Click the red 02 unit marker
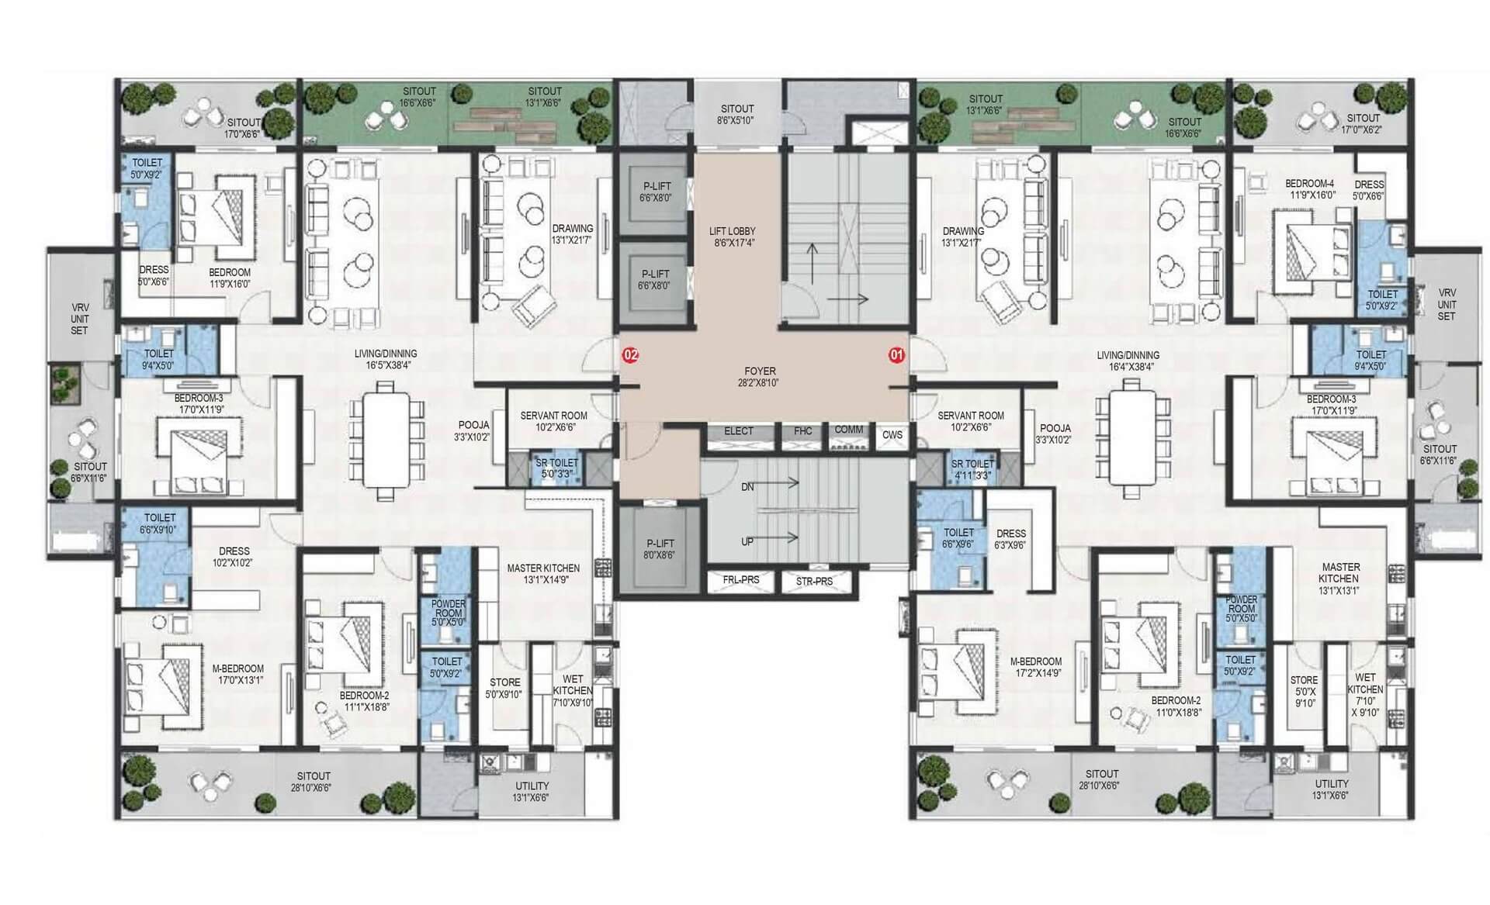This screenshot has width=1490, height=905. tap(630, 355)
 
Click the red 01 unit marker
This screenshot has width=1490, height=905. tap(897, 355)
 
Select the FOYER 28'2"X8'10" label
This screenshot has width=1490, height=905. tap(760, 377)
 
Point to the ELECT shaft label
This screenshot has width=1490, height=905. tap(739, 431)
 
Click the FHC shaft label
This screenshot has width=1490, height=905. tap(803, 431)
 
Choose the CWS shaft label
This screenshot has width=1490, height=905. tap(892, 435)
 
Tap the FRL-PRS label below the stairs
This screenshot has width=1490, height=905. tap(741, 579)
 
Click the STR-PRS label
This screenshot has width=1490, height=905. tap(814, 581)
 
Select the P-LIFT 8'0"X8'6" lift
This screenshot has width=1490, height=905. tap(660, 550)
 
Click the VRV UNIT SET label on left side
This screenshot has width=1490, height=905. tap(80, 319)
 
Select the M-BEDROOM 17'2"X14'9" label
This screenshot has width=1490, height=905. tap(1036, 668)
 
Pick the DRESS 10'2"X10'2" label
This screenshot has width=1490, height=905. tap(234, 557)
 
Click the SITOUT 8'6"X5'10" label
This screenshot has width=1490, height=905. tap(737, 115)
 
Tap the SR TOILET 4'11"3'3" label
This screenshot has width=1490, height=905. tap(973, 469)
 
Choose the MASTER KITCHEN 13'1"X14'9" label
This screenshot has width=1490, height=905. tap(543, 574)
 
